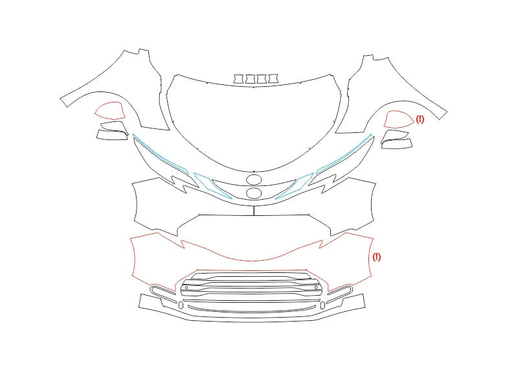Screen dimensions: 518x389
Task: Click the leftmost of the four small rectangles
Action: point(238,78)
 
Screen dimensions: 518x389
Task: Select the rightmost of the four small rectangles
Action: point(273,78)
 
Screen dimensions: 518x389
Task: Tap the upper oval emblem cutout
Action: point(254,180)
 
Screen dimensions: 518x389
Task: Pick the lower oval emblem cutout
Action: point(254,193)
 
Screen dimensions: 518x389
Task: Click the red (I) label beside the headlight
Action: point(420,119)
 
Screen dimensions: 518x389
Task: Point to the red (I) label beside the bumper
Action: point(377,257)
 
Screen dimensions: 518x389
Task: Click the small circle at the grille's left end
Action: point(186,288)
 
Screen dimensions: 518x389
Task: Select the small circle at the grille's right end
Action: point(316,287)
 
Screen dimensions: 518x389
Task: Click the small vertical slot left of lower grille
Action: point(181,305)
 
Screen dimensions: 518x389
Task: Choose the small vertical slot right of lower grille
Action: point(322,305)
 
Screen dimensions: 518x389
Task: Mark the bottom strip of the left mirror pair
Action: point(112,136)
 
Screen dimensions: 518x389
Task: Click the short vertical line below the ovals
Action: point(254,210)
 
